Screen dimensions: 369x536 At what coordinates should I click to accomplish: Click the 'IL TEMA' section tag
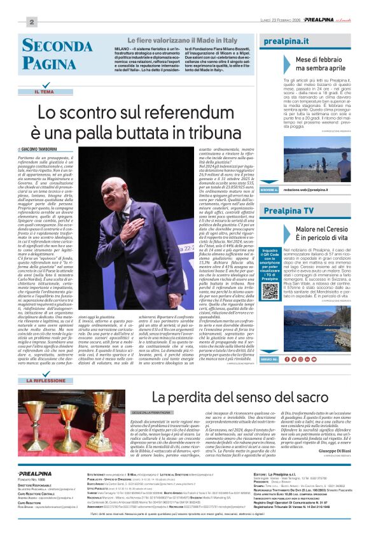pos(45,92)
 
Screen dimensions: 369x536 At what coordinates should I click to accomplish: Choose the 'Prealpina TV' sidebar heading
pos(289,211)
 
